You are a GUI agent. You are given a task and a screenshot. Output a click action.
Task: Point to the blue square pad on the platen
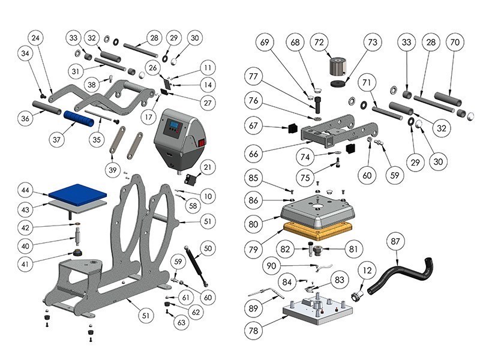pos(79,193)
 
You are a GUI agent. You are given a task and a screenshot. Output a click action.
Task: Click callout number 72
pos(319,43)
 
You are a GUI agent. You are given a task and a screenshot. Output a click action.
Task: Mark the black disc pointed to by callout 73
pos(339,82)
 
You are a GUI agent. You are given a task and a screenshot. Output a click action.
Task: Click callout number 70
pos(454,43)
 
